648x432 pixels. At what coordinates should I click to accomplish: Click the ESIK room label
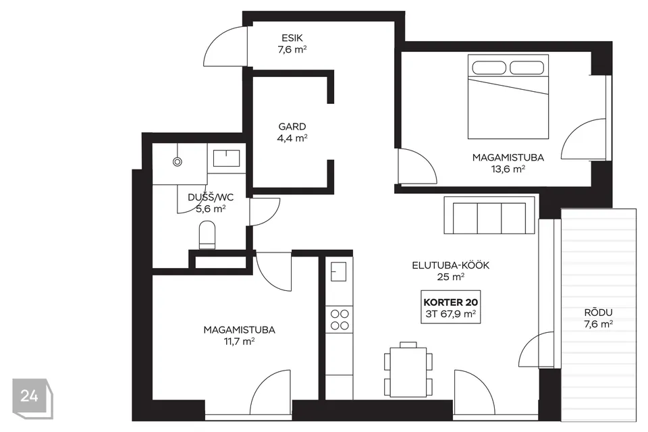(292, 38)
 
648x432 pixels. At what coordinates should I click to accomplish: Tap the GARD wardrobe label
(292, 126)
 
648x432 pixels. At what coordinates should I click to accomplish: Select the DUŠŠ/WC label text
(211, 197)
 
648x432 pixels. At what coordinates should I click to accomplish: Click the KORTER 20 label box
(451, 306)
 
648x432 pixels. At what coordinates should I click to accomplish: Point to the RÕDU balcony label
(599, 313)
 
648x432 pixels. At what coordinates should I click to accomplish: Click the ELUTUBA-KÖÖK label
(450, 265)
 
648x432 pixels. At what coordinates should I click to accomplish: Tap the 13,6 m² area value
(508, 169)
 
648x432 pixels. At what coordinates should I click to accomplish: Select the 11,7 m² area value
(239, 342)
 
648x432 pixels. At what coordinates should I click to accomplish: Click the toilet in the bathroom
(207, 235)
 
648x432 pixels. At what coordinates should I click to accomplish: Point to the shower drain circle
(178, 162)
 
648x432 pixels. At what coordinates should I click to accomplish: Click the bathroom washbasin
(227, 159)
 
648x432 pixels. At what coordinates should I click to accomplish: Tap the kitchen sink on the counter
(338, 272)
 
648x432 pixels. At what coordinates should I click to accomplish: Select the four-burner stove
(340, 319)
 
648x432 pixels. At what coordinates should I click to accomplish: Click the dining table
(408, 372)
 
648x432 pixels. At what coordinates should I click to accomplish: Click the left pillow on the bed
(489, 67)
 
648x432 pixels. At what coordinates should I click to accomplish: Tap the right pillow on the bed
(527, 67)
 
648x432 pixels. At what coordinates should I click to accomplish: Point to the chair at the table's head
(408, 344)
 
